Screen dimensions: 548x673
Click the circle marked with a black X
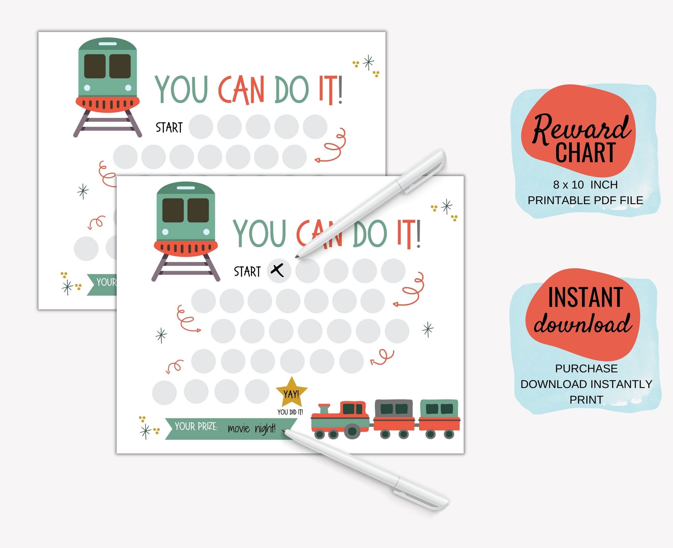coord(278,270)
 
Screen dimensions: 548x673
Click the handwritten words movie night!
coord(251,428)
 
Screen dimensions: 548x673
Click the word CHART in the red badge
coord(585,153)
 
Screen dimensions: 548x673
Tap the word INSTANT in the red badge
coord(585,297)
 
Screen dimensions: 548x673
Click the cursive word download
coord(583,323)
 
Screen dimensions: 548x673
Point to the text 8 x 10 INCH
coord(585,185)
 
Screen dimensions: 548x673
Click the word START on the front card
coord(247,272)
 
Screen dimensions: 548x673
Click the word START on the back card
coord(169,127)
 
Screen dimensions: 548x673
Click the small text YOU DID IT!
coord(290,412)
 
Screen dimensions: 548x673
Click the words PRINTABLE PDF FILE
coord(585,200)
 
